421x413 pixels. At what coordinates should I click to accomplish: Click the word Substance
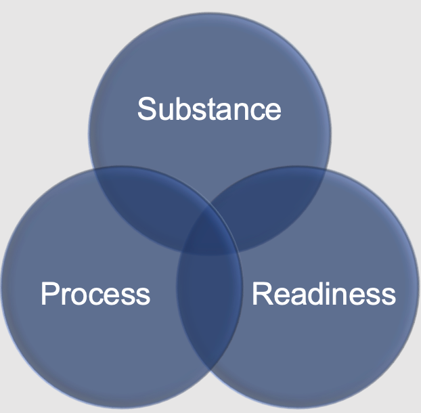tap(209, 109)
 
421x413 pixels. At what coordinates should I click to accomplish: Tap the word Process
tap(95, 295)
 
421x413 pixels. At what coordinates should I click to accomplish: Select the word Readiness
tap(324, 295)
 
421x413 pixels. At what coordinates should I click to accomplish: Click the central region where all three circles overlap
tap(210, 234)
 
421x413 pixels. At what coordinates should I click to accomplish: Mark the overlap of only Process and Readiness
tap(210, 305)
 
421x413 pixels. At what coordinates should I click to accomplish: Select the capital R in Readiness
tap(261, 295)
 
